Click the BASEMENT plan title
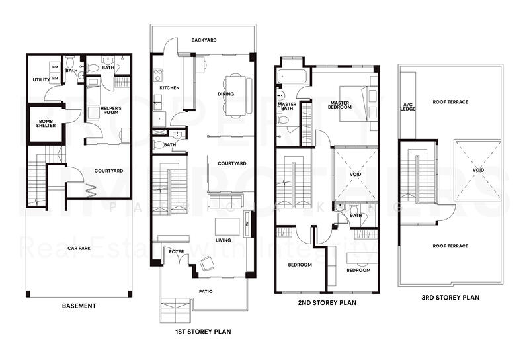point(79,306)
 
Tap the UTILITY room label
point(42,80)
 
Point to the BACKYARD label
point(204,40)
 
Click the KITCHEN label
point(169,88)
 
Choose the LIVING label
point(222,240)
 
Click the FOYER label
point(176,252)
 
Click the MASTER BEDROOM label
point(341,105)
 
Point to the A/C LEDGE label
point(408,107)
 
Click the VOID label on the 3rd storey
point(478,170)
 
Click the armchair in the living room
point(207,264)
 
